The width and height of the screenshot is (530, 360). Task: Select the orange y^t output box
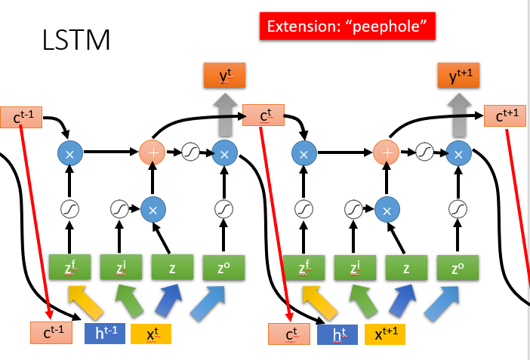point(224,75)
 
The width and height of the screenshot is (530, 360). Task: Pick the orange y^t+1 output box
point(458,75)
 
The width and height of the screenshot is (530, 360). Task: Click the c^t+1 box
point(506,115)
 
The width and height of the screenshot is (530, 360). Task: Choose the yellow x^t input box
point(151,333)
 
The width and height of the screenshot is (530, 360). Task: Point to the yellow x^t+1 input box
point(385,333)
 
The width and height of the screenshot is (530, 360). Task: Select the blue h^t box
point(336,333)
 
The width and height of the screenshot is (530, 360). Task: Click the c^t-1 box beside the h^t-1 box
point(51,333)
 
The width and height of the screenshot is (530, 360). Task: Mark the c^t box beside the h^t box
point(289,333)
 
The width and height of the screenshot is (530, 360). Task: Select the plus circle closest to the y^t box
point(153,153)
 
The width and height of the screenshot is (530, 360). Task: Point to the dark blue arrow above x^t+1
point(401,300)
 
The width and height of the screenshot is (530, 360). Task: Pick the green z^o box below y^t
point(224,267)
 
